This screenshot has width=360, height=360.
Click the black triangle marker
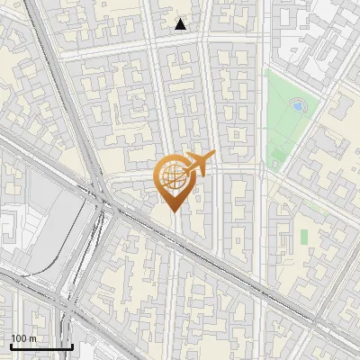pyautogui.click(x=181, y=24)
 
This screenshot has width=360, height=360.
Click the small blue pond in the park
pyautogui.click(x=298, y=105)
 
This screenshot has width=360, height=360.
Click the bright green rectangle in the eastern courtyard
pyautogui.click(x=304, y=236)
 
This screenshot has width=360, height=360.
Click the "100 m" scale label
pyautogui.click(x=23, y=338)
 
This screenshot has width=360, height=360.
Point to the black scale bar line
pyautogui.click(x=41, y=346)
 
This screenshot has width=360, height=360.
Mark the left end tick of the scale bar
pyautogui.click(x=12, y=345)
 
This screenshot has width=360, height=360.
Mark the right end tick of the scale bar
pyautogui.click(x=72, y=345)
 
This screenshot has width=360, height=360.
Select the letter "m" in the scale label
pyautogui.click(x=32, y=338)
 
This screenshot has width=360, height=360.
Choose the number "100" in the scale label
pyautogui.click(x=19, y=338)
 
